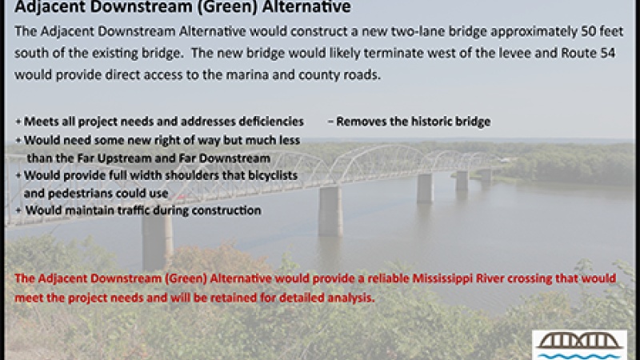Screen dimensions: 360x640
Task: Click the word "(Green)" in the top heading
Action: tap(213, 9)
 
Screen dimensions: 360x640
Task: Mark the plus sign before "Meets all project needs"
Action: tap(18, 122)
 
